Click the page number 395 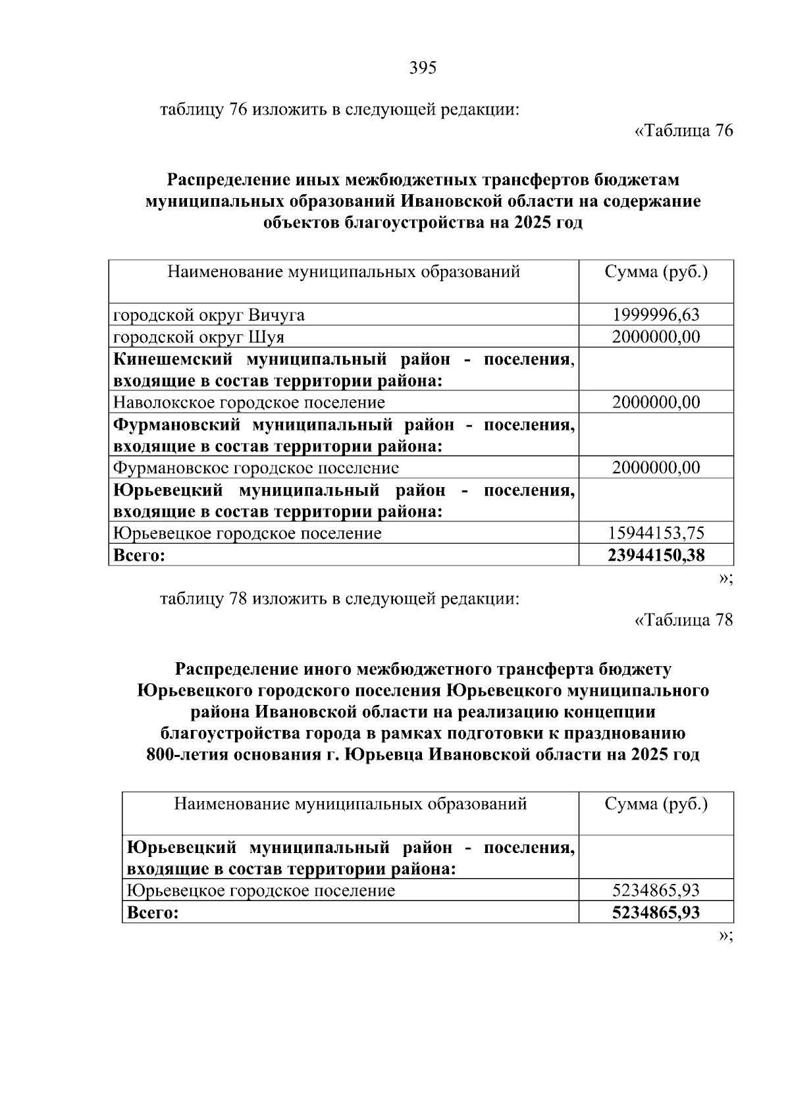(423, 68)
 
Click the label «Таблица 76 (683, 131)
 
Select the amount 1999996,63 (656, 315)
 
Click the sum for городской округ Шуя (656, 337)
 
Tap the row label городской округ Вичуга (209, 315)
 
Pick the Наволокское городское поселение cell (249, 402)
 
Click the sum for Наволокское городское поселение (656, 402)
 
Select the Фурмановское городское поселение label (256, 468)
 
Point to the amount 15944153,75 (656, 533)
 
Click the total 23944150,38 (656, 555)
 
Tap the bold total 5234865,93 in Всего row (656, 912)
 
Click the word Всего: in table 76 (139, 555)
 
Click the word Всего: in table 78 (152, 913)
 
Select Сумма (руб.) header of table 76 (656, 272)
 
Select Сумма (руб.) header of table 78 (656, 804)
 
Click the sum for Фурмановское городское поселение (656, 468)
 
